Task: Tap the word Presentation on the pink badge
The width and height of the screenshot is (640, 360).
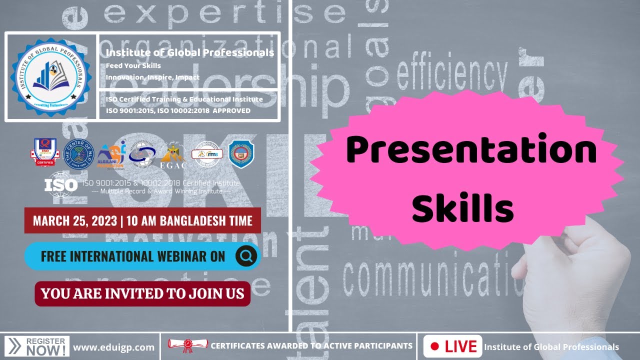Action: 471,150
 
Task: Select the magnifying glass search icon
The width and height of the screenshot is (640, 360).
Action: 246,256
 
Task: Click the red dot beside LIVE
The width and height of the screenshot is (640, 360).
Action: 434,346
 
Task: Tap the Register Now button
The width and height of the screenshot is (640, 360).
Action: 38,346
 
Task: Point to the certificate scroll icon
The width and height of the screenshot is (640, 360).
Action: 187,345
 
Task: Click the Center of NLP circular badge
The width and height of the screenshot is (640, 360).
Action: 79,154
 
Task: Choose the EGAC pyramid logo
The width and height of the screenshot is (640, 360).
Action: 173,155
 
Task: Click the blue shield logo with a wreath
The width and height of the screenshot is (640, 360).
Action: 241,154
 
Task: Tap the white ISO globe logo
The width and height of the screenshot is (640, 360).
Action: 61,183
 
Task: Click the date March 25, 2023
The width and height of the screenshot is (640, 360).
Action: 75,220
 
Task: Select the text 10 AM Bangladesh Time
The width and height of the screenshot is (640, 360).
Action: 190,220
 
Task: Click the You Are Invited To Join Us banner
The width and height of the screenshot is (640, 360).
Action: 142,293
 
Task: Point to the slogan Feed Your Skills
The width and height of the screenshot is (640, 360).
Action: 133,65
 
